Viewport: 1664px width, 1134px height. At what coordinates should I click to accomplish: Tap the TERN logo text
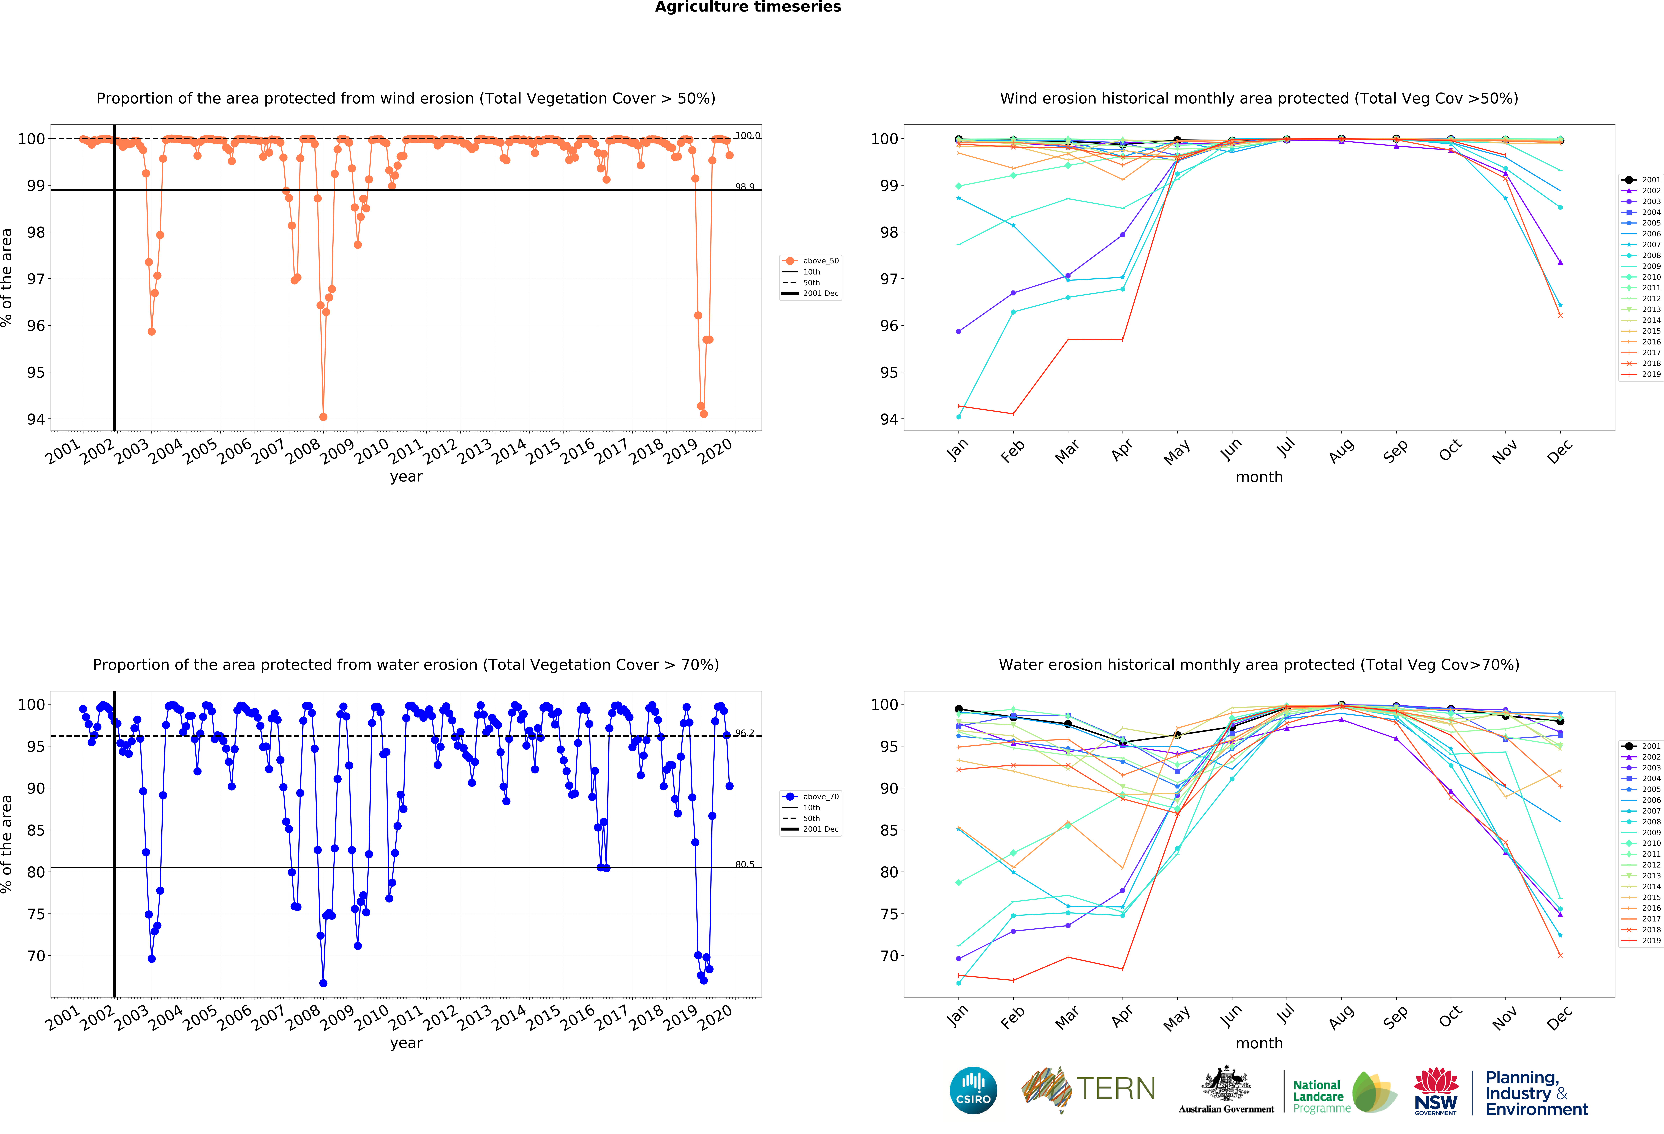[1116, 1089]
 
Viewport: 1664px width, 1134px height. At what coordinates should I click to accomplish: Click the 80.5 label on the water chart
[745, 864]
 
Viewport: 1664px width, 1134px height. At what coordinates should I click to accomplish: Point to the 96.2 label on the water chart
[745, 733]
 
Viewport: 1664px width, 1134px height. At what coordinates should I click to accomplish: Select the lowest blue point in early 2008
[323, 983]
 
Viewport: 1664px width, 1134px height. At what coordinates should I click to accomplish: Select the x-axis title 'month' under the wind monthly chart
[1259, 477]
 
